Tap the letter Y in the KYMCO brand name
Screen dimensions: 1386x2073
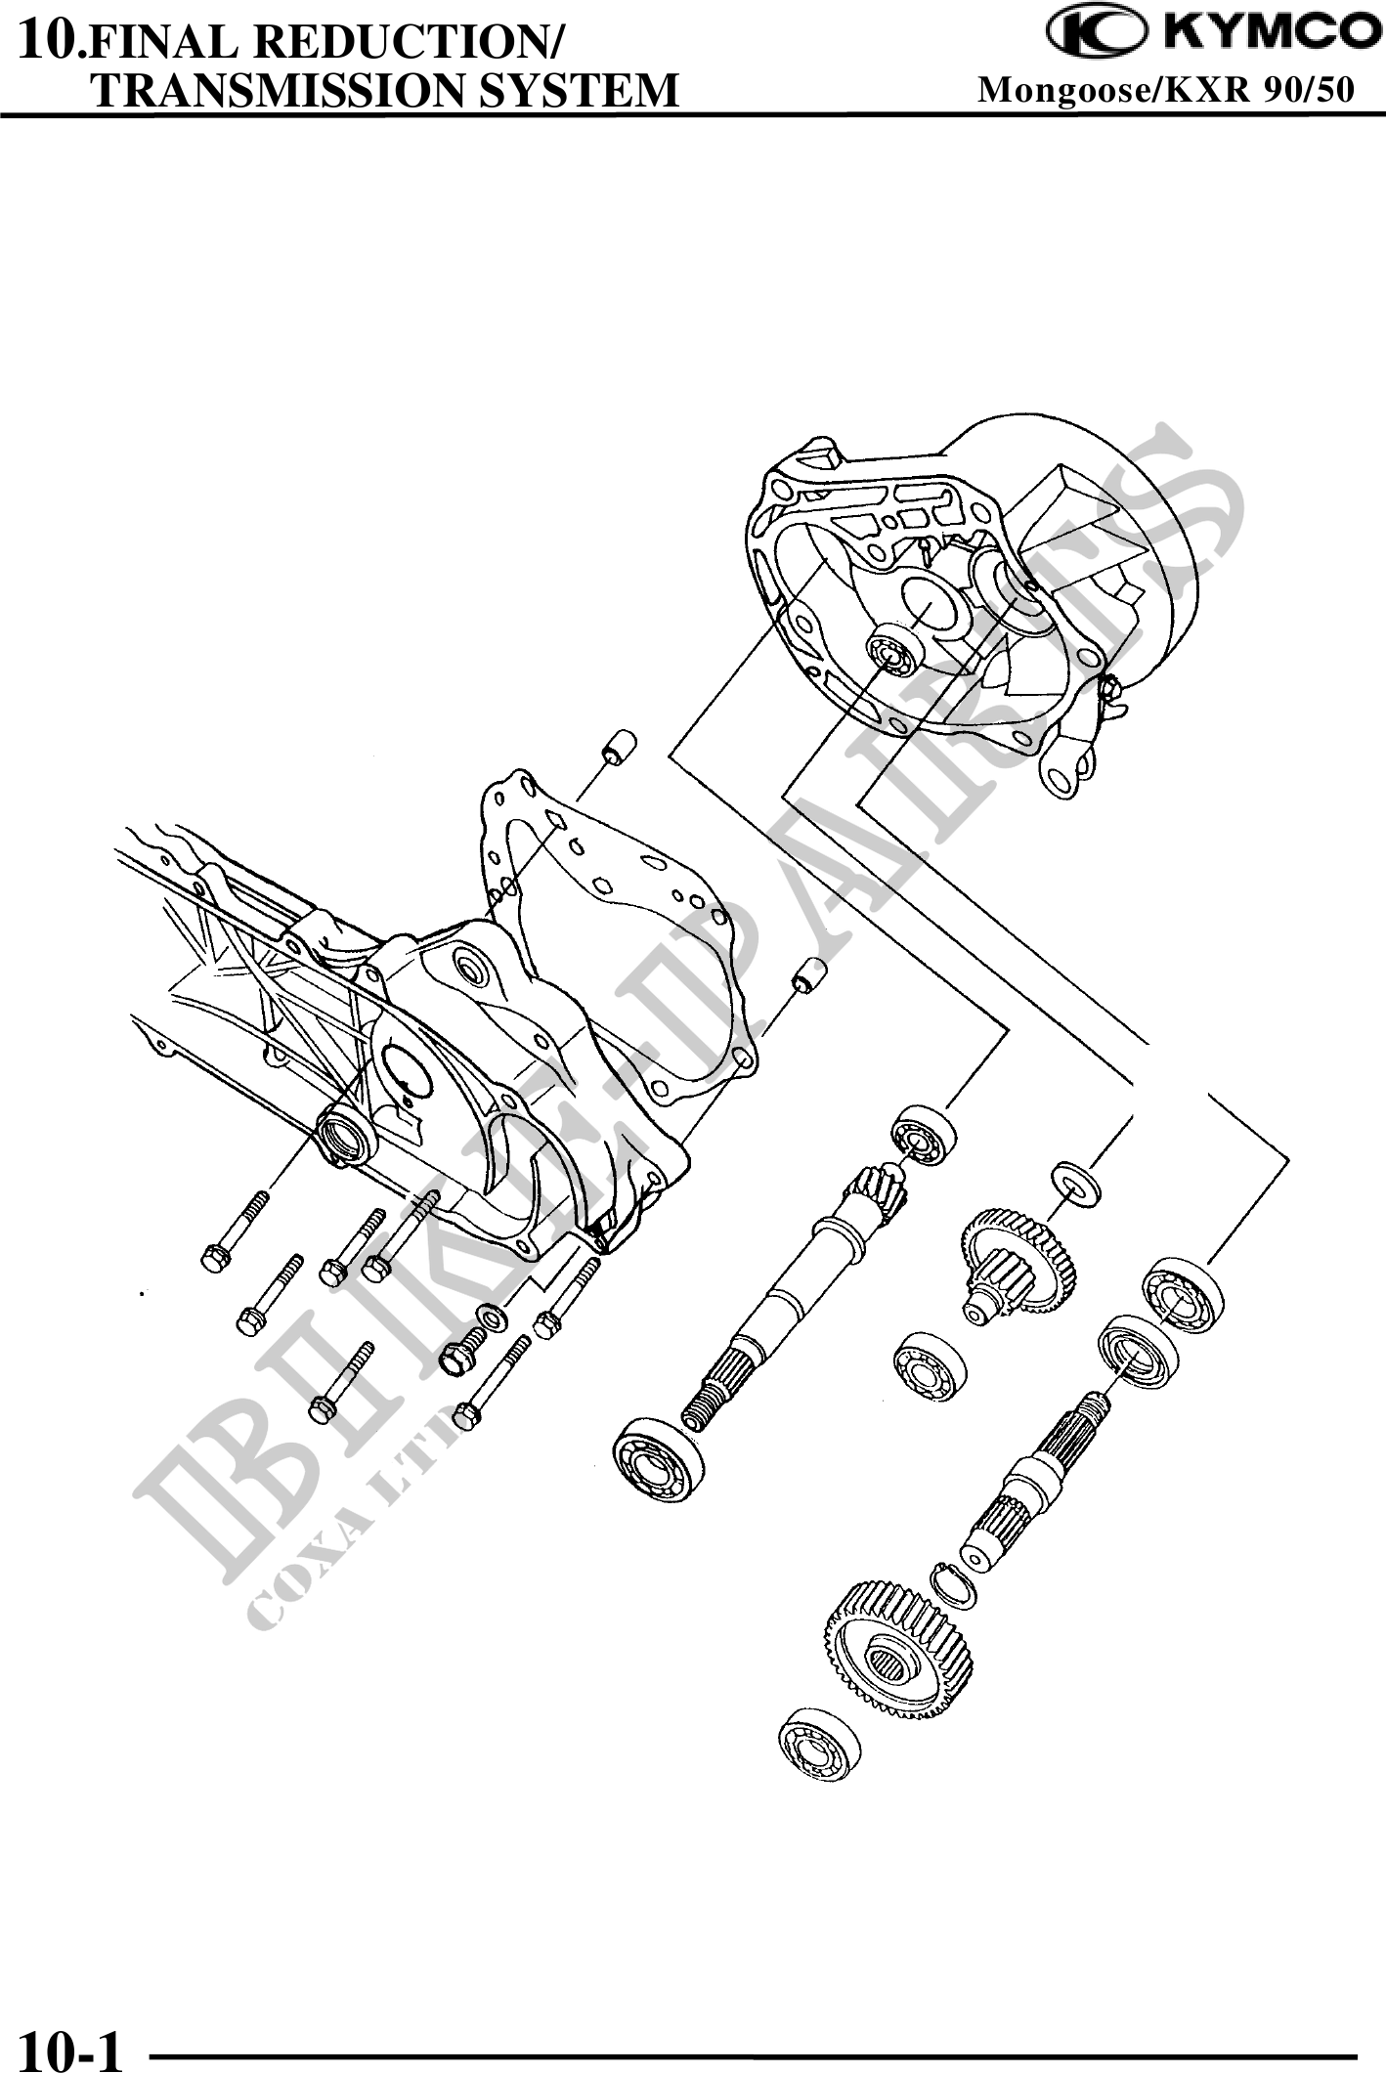pos(1218,33)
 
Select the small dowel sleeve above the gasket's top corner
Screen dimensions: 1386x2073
pos(619,747)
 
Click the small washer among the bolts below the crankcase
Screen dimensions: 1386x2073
pos(491,1317)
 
